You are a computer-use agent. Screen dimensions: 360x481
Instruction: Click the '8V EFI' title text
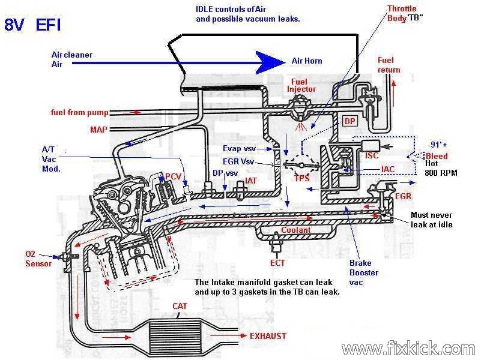click(32, 25)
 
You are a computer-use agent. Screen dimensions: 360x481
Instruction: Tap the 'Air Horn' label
click(307, 61)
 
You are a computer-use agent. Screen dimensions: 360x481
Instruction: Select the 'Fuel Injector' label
click(301, 85)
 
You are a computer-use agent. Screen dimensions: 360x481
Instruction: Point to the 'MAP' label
click(99, 129)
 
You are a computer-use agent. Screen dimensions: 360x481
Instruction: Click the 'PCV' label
click(174, 176)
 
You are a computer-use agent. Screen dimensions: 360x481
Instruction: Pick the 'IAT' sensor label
click(252, 181)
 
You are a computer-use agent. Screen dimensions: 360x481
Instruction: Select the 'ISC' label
click(372, 155)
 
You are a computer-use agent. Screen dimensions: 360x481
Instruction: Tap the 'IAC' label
click(388, 170)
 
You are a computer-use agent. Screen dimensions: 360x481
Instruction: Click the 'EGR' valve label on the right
click(403, 196)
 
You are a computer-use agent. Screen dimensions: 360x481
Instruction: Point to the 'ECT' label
click(277, 262)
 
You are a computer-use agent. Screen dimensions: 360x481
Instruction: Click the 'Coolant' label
click(296, 230)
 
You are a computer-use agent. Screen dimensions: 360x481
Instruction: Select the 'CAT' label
click(180, 306)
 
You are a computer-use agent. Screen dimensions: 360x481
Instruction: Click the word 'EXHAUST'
click(268, 336)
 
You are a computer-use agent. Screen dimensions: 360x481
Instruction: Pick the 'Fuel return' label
click(389, 65)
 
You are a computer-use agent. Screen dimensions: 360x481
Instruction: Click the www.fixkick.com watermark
click(408, 348)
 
